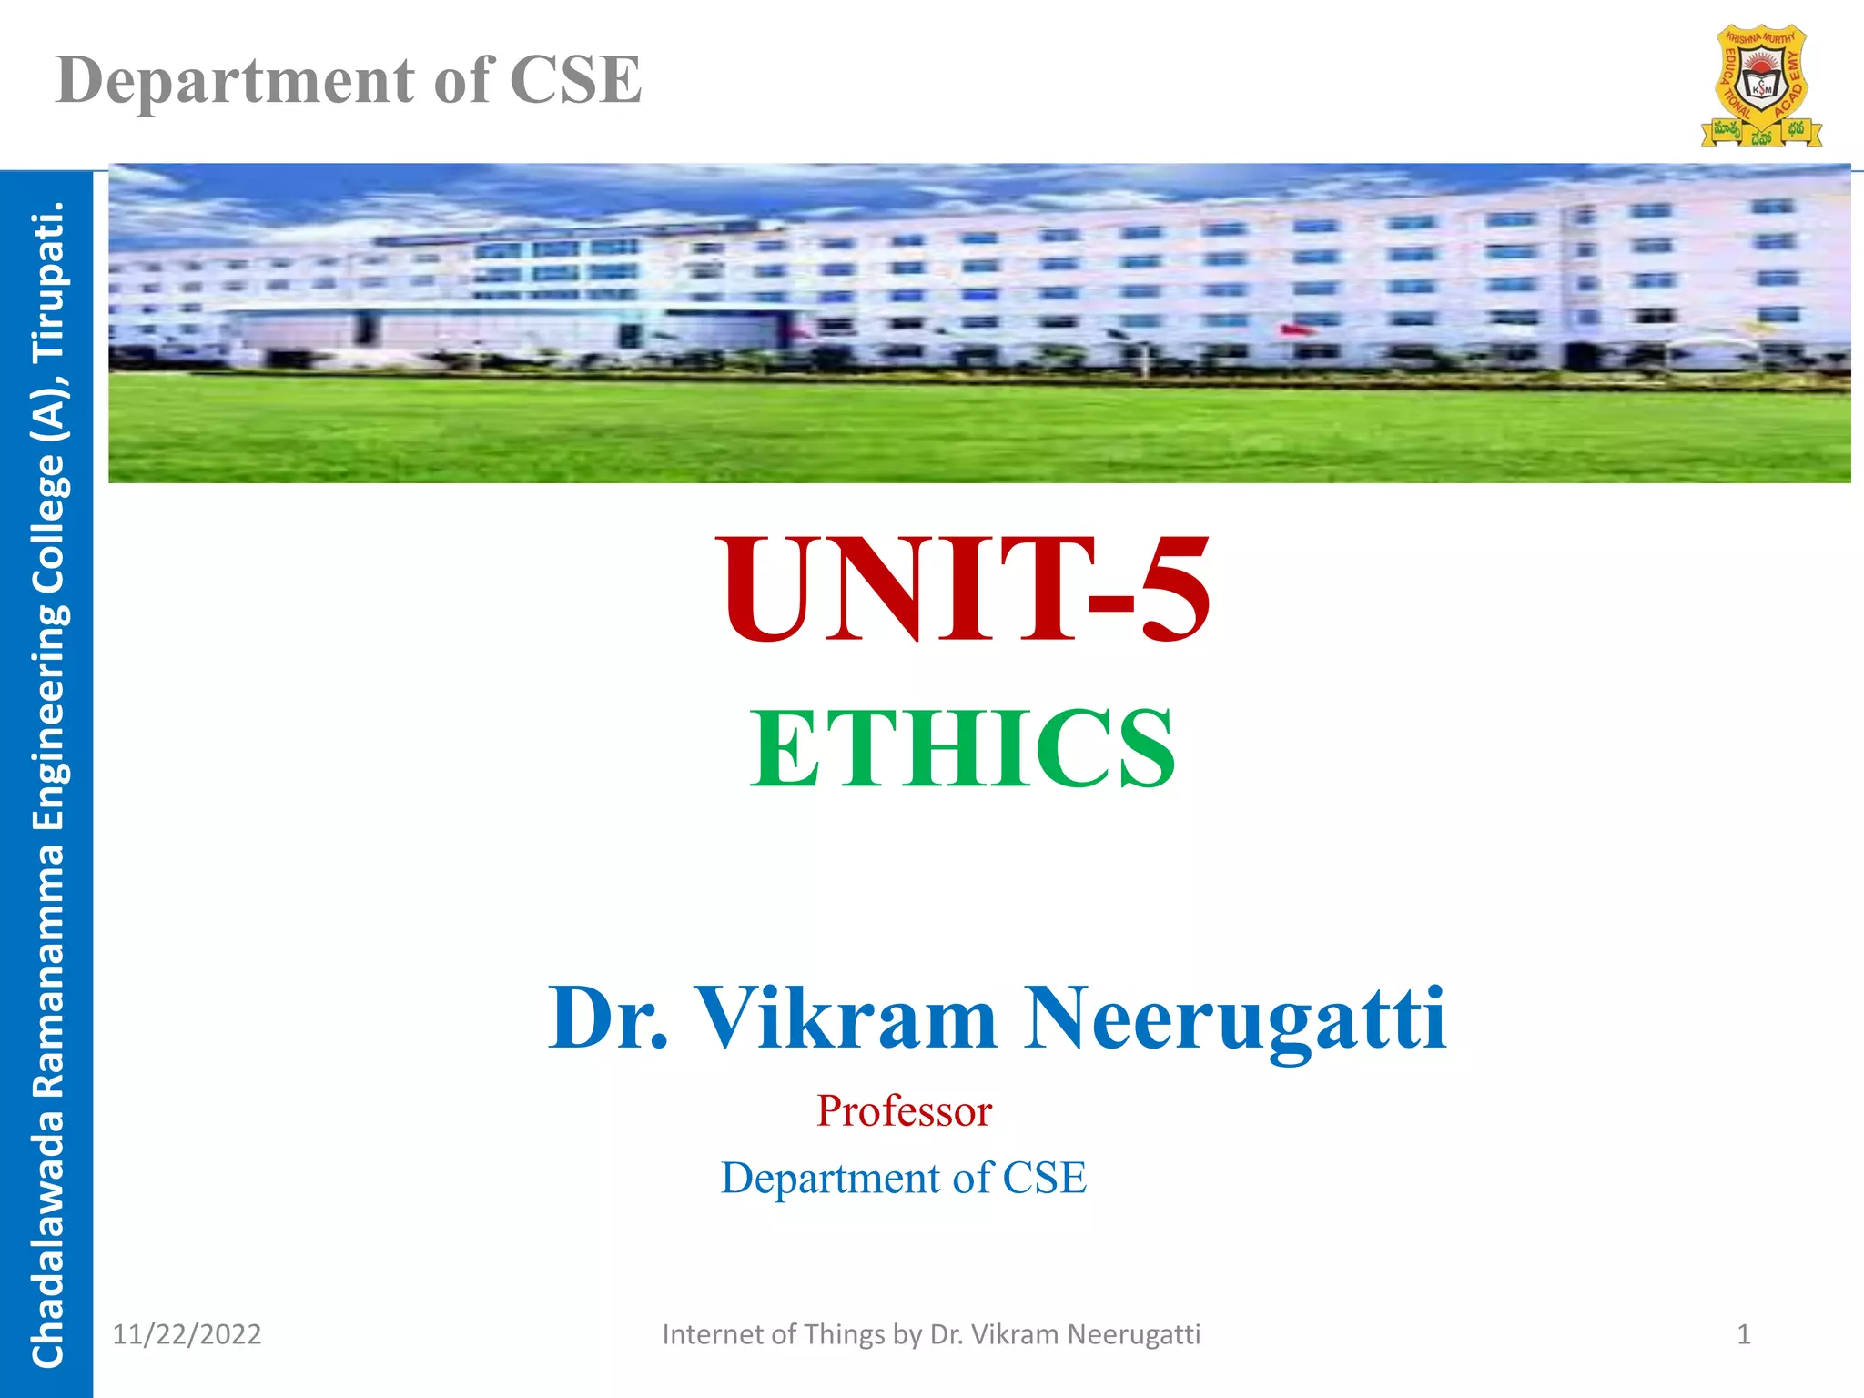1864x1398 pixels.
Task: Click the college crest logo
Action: click(1761, 86)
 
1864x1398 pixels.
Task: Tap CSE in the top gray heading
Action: click(575, 80)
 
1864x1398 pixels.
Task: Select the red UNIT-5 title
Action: click(965, 590)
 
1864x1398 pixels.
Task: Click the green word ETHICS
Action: click(962, 748)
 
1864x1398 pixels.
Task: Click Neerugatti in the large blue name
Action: click(1235, 1019)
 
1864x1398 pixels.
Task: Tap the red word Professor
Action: click(904, 1111)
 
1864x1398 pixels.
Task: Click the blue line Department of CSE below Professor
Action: click(904, 1178)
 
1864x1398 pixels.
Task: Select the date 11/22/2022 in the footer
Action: click(187, 1334)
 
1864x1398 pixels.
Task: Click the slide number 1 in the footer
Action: click(1744, 1334)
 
